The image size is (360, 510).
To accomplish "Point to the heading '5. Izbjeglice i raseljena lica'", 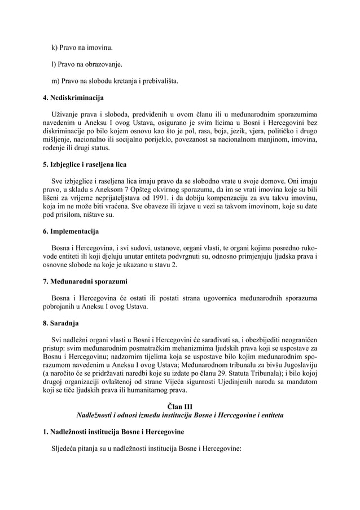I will point(89,165).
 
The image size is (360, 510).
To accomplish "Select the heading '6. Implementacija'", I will point(71,232).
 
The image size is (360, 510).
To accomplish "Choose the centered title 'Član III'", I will point(180,406).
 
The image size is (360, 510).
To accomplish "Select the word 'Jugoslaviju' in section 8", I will point(297,367).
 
